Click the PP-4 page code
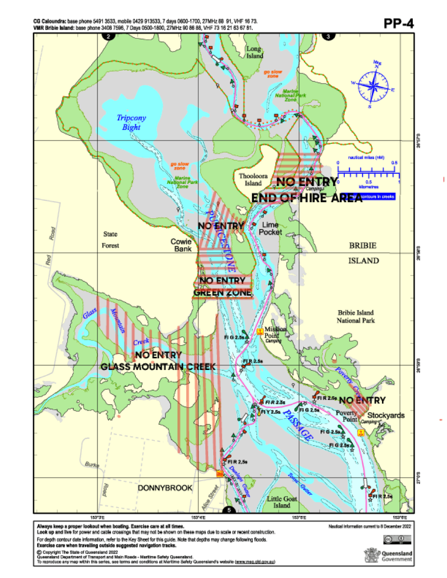(398, 24)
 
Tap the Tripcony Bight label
(131, 122)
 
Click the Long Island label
(255, 52)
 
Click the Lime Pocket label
(271, 228)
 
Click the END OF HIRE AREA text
(307, 198)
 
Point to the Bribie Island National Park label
(356, 316)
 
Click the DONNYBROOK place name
(165, 488)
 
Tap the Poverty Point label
(346, 416)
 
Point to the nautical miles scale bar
(367, 169)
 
